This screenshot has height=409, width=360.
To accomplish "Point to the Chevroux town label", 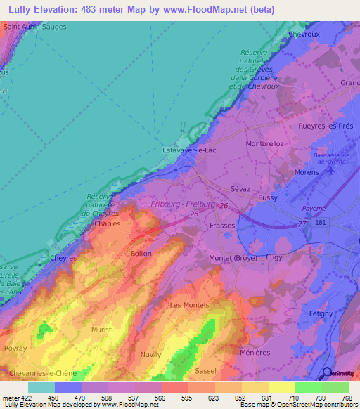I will click(x=304, y=34).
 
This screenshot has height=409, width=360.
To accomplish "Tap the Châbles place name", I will click(x=108, y=224).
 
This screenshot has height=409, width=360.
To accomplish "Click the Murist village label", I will click(x=102, y=329).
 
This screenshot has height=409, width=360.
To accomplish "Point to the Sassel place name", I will click(x=205, y=370).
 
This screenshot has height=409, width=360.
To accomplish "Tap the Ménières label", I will click(x=255, y=352).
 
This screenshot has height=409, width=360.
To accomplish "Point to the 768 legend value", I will click(x=346, y=398).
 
